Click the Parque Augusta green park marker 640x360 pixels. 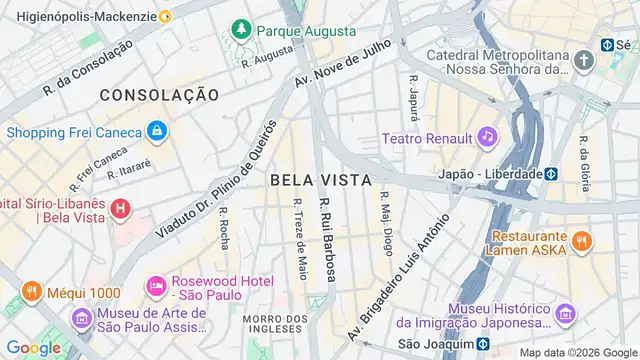pos(240,32)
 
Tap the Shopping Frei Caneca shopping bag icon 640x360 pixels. pos(156,131)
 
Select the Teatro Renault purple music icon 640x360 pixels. pos(486,135)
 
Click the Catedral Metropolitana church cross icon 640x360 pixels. pos(584,61)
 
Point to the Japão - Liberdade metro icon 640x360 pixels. pos(550,173)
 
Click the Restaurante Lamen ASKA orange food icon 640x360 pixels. pos(581,240)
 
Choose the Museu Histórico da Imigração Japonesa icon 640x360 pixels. pos(566,315)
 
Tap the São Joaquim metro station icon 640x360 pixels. pos(482,344)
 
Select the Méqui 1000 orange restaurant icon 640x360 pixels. pos(31,293)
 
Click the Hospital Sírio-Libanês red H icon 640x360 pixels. pos(120,209)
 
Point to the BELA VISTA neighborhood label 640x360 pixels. pos(320,180)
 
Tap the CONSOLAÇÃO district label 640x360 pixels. pos(159,94)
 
